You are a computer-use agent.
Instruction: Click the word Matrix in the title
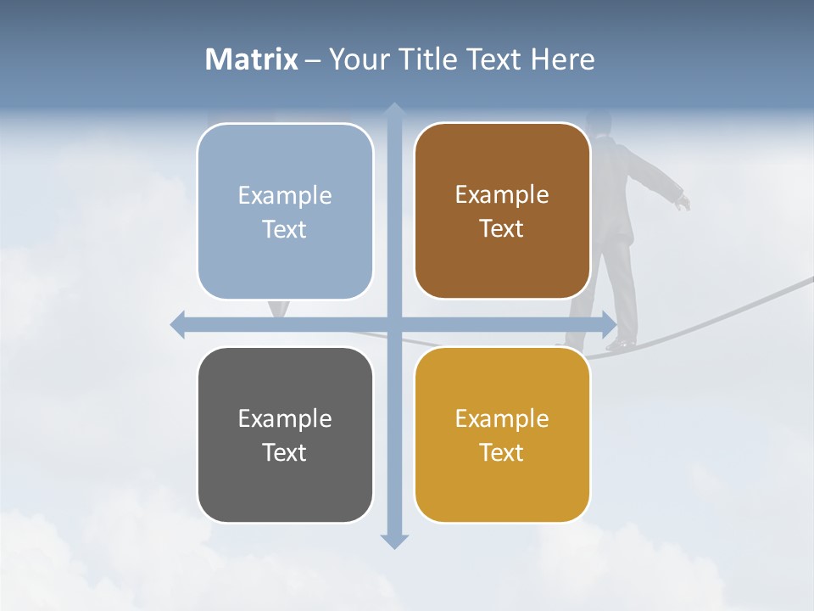[x=251, y=59]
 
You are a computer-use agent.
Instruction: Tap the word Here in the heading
[x=563, y=59]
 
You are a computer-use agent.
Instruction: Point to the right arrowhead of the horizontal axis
[x=609, y=325]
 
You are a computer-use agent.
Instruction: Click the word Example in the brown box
[x=502, y=195]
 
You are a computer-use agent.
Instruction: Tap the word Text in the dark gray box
[x=285, y=452]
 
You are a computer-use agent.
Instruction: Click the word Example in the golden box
[x=502, y=418]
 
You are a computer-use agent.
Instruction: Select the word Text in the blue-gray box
[x=285, y=229]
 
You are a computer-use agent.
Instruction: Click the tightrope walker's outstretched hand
[x=683, y=202]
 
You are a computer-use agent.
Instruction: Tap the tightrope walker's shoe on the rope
[x=621, y=344]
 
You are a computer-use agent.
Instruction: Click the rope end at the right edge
[x=809, y=280]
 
